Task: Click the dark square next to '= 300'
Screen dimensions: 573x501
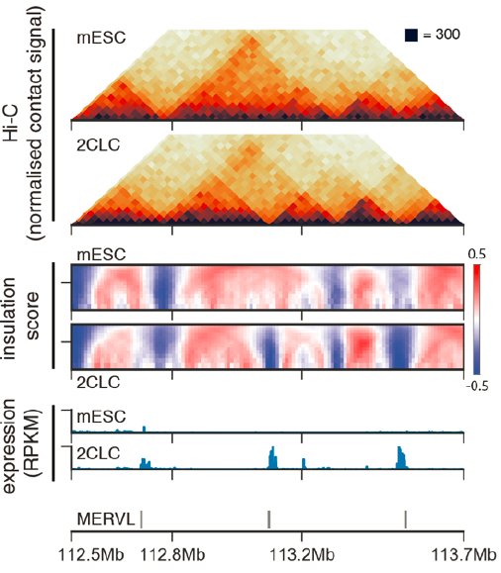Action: [411, 36]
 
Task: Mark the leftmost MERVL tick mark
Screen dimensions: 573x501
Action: [142, 517]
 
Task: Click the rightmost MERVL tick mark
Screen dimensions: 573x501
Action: [406, 517]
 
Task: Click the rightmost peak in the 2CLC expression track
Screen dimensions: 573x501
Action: [401, 456]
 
